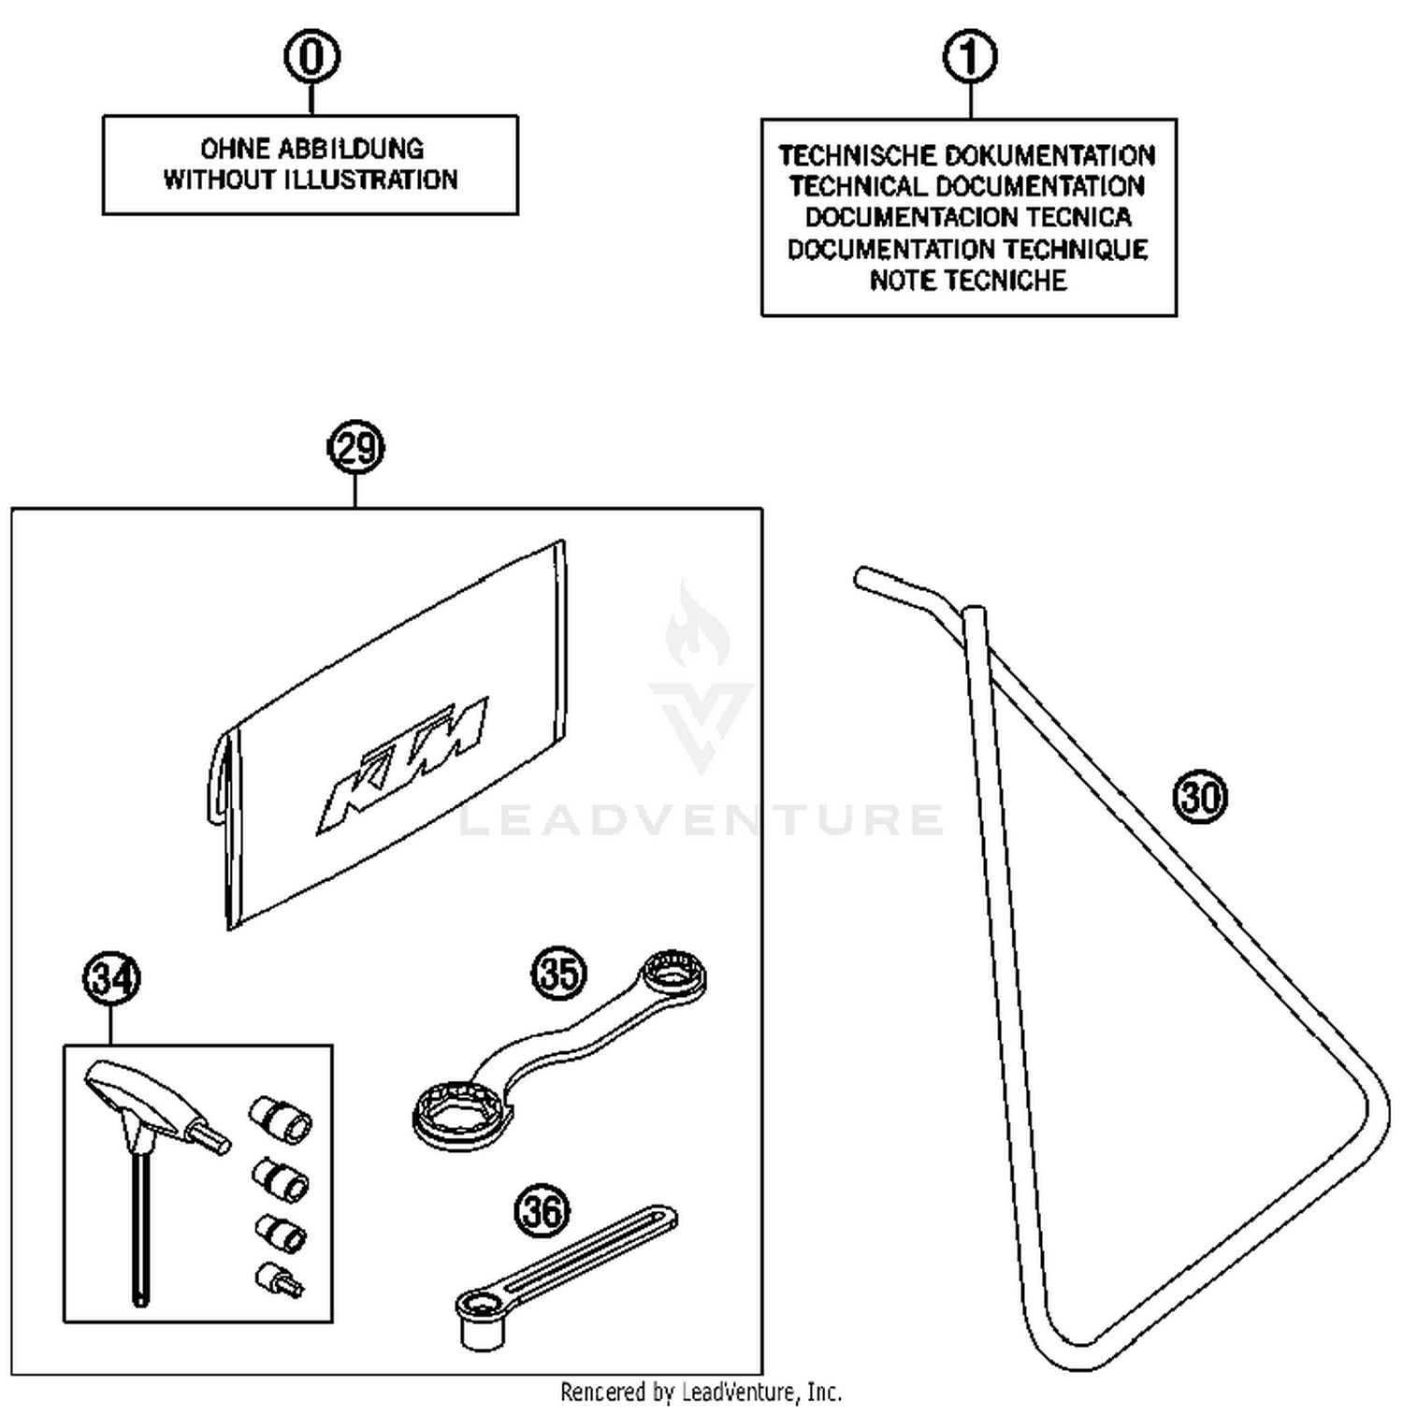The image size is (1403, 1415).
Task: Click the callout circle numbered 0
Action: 311,57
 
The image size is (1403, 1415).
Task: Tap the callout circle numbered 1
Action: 970,57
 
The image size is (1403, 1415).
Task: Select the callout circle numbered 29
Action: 356,448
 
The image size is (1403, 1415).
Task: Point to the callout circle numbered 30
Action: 1199,797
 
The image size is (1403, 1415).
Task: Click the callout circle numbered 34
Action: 111,978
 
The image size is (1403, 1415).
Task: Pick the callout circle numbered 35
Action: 558,973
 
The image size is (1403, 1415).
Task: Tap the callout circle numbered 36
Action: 542,1211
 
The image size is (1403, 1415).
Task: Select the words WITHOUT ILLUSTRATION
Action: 311,180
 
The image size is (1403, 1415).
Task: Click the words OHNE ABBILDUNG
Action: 311,149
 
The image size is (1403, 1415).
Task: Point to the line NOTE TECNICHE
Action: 968,281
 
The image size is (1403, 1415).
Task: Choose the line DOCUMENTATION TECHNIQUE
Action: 968,250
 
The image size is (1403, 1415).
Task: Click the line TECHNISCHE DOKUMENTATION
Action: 968,155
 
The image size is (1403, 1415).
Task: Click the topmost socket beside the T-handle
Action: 281,1119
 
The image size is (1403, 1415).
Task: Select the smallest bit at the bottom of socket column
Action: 279,1279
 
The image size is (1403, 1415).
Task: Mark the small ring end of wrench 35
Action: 673,974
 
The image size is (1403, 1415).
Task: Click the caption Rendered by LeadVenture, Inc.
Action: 701,1393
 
